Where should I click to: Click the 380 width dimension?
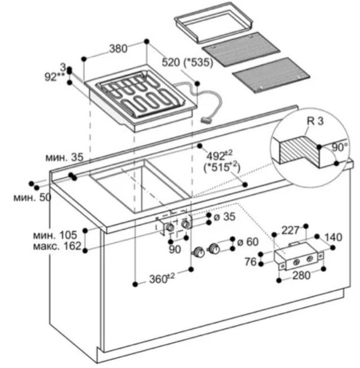pos(118,49)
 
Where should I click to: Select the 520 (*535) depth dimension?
pos(188,62)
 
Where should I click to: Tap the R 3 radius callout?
pos(315,121)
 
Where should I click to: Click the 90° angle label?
pos(339,147)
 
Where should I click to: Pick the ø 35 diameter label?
pos(225,217)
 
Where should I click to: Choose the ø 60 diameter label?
pos(248,242)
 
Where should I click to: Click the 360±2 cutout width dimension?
pos(162,278)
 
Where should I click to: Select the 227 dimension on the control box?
pos(291,230)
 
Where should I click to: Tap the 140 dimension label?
pos(334,237)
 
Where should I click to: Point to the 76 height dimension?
pos(251,261)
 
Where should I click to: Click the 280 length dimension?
pos(301,275)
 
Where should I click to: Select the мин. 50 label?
pos(32,197)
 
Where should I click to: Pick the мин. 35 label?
pos(64,157)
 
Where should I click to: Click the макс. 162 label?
pos(57,246)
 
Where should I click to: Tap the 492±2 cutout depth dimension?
pos(220,155)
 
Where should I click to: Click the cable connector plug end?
pos(206,120)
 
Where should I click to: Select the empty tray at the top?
pos(214,22)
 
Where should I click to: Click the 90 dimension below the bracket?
pos(175,250)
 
